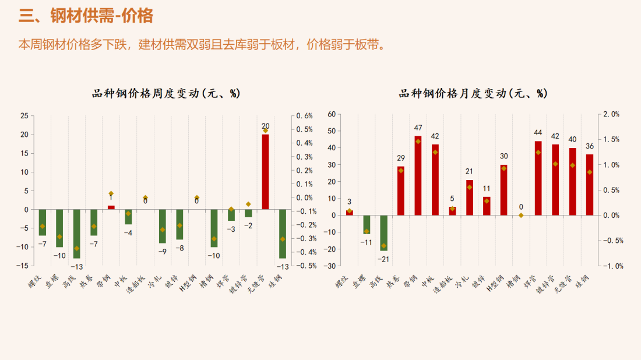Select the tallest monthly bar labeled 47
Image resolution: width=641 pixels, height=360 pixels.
click(x=418, y=175)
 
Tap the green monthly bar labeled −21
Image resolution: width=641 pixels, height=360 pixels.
click(x=383, y=233)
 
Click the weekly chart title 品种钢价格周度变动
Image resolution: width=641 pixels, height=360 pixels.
click(x=166, y=93)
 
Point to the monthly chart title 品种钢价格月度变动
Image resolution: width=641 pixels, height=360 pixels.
click(x=473, y=93)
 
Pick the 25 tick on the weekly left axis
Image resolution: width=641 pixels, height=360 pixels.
click(x=24, y=116)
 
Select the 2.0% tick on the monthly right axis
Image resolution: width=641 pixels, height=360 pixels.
click(x=611, y=114)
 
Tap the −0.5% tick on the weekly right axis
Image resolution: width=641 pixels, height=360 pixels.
click(x=305, y=266)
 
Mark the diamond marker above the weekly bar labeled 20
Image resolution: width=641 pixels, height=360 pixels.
click(x=265, y=130)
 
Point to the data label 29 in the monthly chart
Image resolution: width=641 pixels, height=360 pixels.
click(x=401, y=158)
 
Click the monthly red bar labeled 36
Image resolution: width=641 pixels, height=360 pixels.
click(x=590, y=185)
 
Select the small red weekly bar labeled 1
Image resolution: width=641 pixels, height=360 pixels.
click(x=111, y=207)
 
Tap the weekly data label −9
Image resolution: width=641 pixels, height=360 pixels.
click(x=163, y=252)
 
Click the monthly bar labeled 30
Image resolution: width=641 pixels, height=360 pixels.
click(x=503, y=190)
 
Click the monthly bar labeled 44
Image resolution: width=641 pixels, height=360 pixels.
click(x=538, y=178)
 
